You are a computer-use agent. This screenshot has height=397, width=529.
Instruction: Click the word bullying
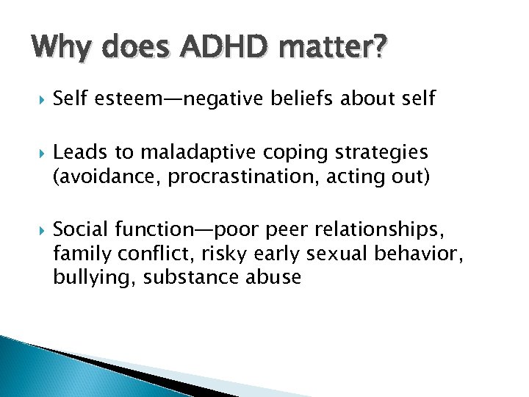pyautogui.click(x=85, y=277)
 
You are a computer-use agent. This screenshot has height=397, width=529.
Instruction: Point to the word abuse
pyautogui.click(x=270, y=277)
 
